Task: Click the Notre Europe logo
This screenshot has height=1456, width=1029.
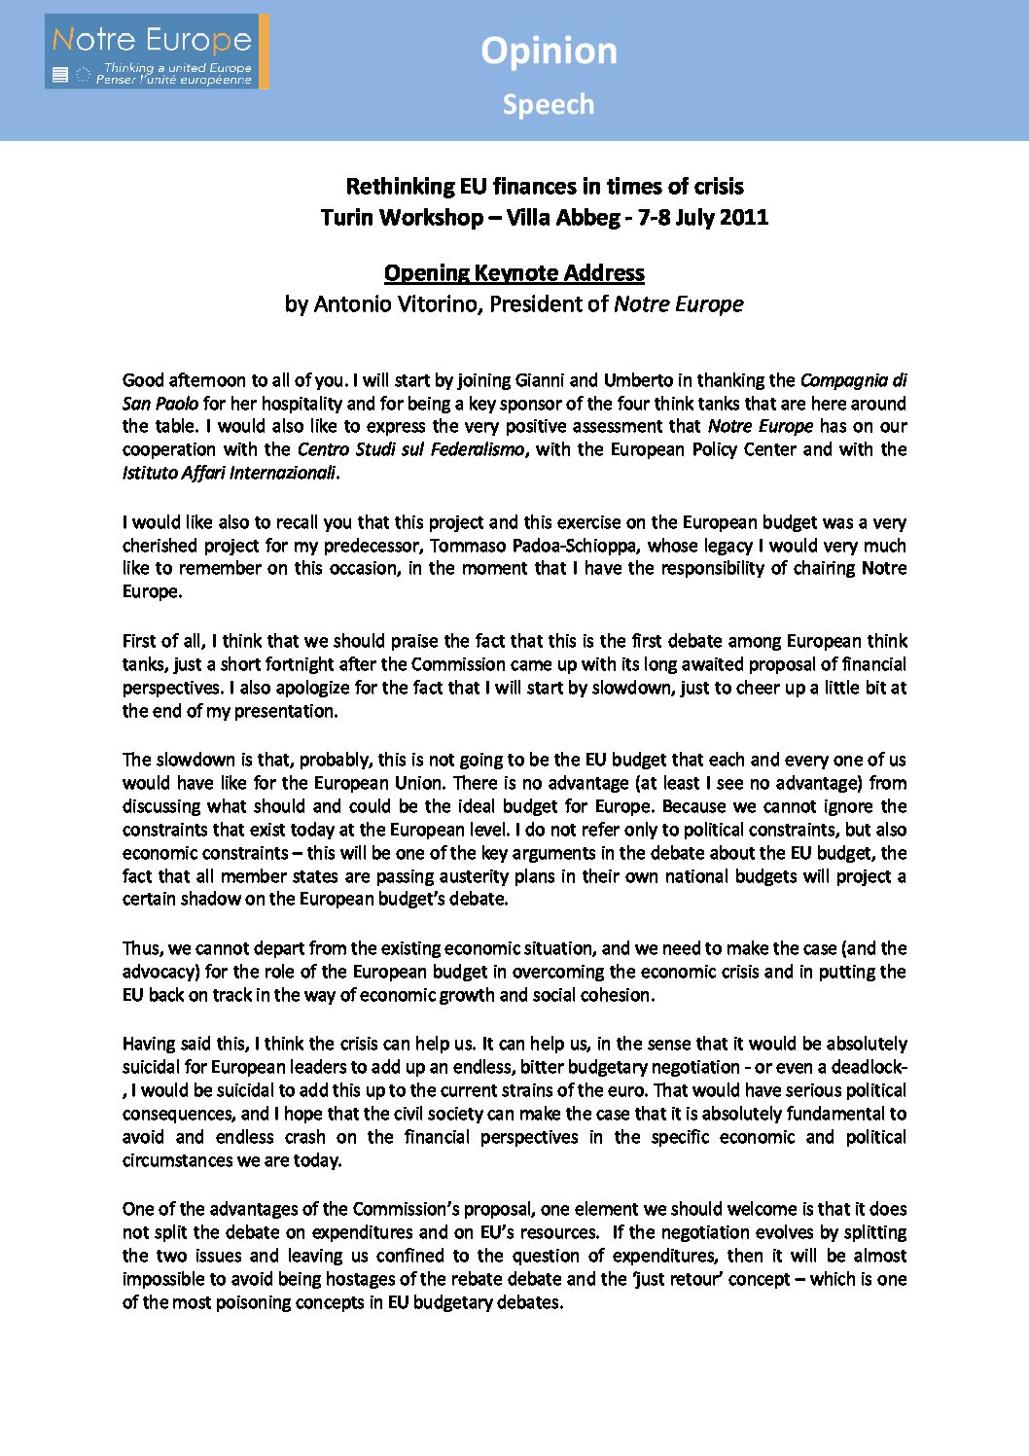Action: [157, 52]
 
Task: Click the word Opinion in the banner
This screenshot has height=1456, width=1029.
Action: [549, 51]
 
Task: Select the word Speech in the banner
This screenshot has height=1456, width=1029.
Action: [548, 104]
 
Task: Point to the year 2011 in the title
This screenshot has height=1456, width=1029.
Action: [744, 217]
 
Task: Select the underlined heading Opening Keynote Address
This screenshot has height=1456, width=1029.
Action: [514, 272]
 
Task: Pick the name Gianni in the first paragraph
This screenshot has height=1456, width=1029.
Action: [540, 379]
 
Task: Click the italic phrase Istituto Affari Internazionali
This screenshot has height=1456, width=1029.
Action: [230, 473]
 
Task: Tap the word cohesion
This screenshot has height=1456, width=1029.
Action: [619, 995]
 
